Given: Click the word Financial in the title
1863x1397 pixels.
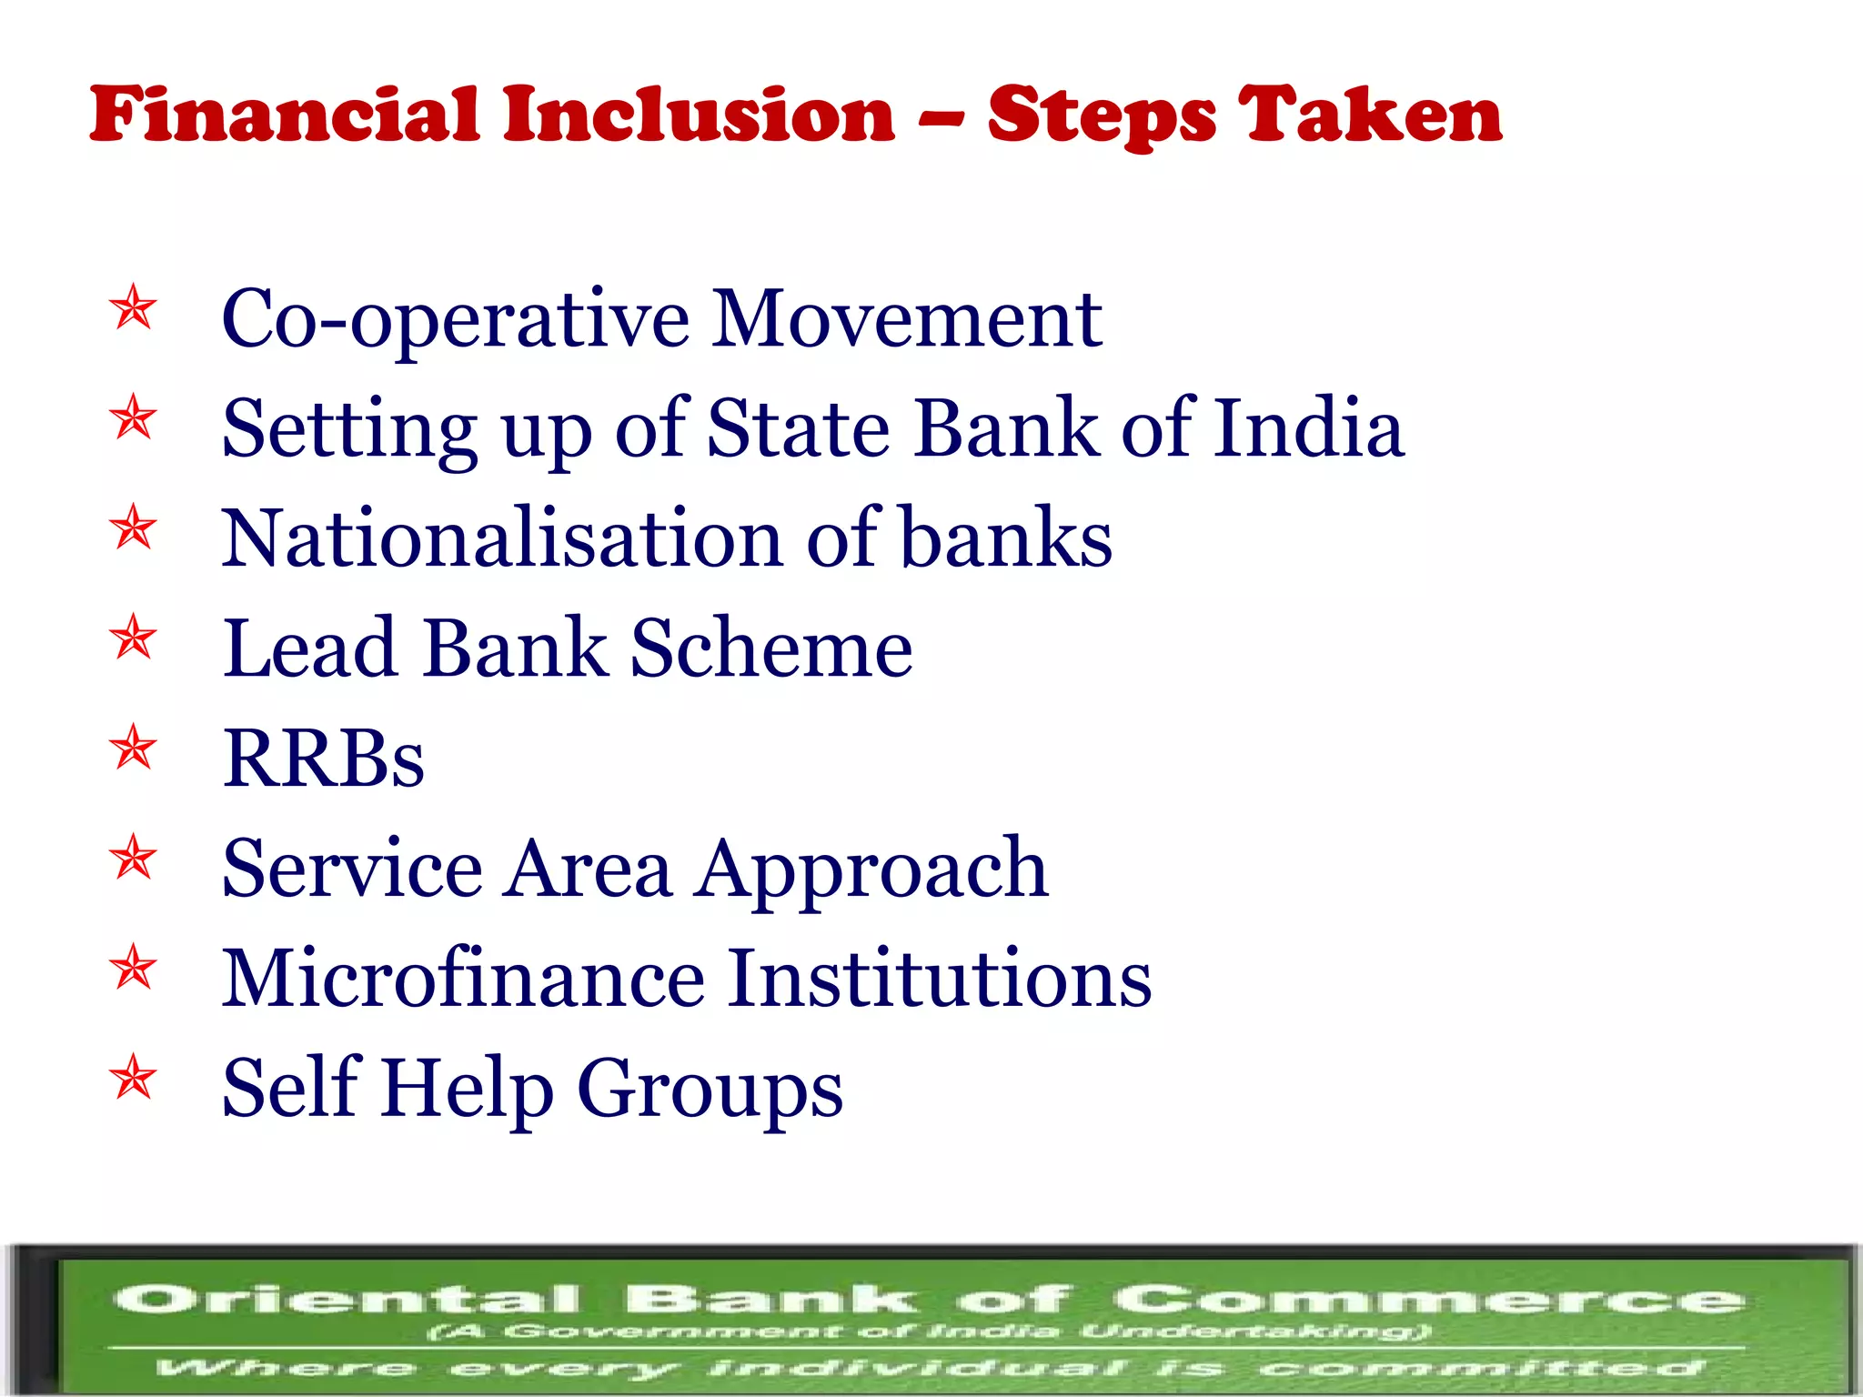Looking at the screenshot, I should (284, 116).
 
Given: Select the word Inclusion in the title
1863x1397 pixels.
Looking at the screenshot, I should (700, 116).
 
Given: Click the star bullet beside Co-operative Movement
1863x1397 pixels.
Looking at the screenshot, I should (134, 308).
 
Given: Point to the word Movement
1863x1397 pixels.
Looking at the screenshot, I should (906, 319).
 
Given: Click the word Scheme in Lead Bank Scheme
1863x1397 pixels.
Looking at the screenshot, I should (771, 648).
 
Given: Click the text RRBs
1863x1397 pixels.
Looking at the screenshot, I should (323, 759).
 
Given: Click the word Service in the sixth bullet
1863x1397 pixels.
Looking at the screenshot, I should (352, 869).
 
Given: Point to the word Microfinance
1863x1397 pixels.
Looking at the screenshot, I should (463, 979).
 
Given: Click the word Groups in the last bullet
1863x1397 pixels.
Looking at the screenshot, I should (710, 1090).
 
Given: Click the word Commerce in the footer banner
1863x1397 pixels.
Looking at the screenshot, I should (1428, 1299).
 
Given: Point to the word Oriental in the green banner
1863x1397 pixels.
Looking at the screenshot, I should (346, 1299).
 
